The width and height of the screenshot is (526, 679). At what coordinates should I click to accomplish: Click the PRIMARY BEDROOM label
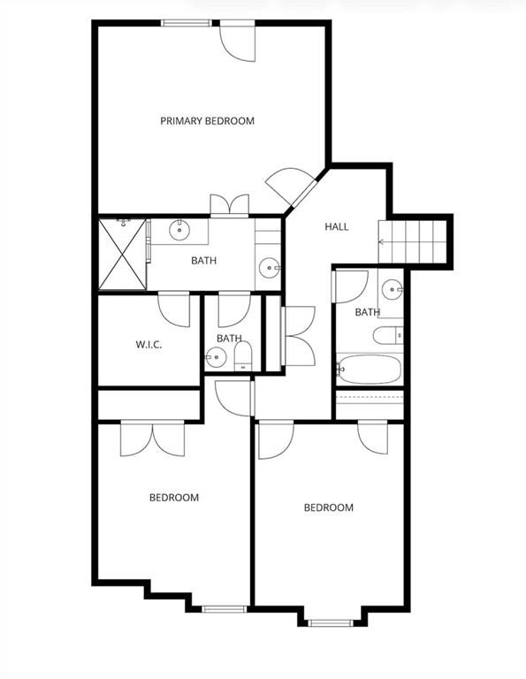(x=208, y=121)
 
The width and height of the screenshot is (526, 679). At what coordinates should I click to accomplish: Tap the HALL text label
(x=337, y=226)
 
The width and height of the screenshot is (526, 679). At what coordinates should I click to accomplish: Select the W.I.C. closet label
(x=149, y=345)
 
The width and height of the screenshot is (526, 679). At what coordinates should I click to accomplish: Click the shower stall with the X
(x=123, y=255)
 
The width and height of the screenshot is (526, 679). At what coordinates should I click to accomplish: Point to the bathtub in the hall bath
(x=370, y=370)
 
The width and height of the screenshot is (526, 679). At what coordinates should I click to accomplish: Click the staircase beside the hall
(x=412, y=241)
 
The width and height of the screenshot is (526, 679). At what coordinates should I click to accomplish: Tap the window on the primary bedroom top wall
(x=187, y=23)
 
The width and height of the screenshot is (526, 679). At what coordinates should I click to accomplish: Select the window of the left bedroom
(x=225, y=609)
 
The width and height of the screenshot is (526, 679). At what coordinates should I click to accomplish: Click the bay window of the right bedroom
(x=331, y=622)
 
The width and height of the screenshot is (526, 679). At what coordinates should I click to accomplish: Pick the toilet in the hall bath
(x=388, y=336)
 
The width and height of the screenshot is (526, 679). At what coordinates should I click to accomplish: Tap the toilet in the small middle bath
(x=243, y=356)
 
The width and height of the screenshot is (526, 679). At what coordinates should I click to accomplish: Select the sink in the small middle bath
(x=216, y=358)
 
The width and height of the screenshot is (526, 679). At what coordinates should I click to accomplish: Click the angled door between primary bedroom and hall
(x=290, y=187)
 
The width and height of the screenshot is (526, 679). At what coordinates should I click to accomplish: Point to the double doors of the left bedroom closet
(x=152, y=439)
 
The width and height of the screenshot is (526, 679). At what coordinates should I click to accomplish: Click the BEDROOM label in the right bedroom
(x=329, y=507)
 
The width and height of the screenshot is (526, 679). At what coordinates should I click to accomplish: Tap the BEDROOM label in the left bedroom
(x=174, y=498)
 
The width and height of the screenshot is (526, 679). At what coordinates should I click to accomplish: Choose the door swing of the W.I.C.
(x=174, y=309)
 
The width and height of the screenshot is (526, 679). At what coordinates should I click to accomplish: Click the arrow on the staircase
(x=382, y=242)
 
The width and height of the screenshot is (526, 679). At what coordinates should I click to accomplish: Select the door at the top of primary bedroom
(x=237, y=42)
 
